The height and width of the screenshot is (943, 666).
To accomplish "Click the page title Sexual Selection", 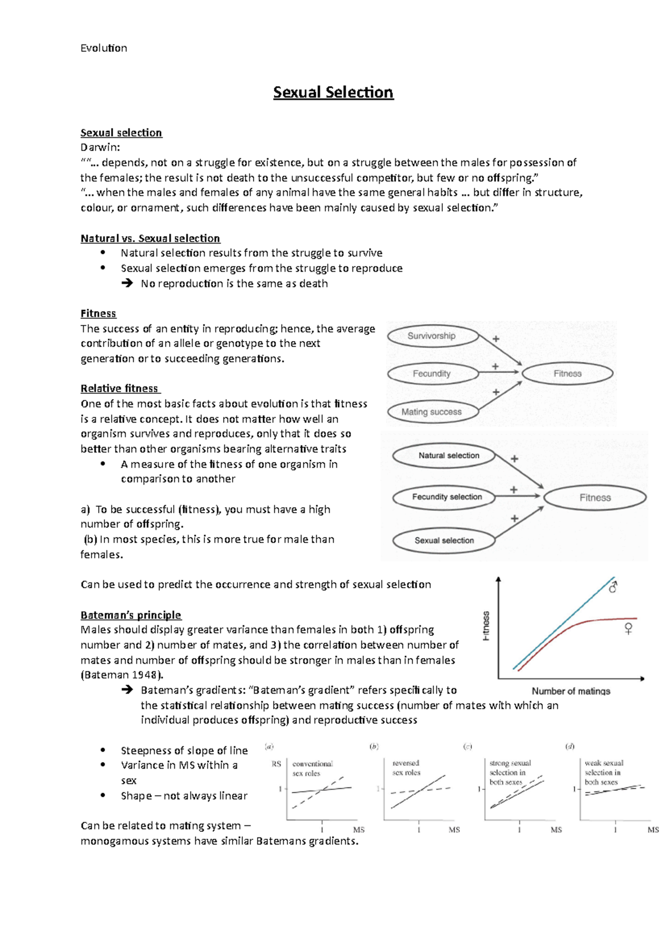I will click(333, 92).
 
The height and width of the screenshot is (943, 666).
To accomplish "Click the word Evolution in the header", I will click(104, 48).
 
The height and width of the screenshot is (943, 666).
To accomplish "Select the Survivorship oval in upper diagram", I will click(432, 336).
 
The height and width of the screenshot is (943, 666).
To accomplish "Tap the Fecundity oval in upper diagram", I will click(432, 374).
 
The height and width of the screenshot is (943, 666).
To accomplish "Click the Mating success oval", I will click(432, 412).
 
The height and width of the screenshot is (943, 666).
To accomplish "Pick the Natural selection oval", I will click(448, 455).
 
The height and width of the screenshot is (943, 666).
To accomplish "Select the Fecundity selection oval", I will click(447, 497).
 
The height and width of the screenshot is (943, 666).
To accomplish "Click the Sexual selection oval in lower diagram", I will click(444, 540).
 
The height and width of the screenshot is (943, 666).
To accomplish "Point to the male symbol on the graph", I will click(613, 586).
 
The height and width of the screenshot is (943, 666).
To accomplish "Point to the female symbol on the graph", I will click(628, 629).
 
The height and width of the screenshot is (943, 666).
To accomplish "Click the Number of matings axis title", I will click(571, 691).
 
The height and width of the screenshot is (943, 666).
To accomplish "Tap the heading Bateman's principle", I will click(131, 615).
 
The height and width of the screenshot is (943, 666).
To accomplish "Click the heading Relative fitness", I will click(119, 388).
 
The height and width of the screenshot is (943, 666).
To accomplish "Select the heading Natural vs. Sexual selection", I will click(150, 238).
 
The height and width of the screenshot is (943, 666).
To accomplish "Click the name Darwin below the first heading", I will click(99, 147).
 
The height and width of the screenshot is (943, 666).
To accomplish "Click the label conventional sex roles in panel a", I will click(312, 769).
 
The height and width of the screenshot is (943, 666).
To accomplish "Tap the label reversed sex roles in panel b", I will click(406, 768).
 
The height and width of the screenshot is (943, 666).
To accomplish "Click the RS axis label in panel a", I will click(276, 764).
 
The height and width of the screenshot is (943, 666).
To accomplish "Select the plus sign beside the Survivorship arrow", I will click(496, 339).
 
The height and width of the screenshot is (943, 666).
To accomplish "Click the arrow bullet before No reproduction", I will click(127, 284).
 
